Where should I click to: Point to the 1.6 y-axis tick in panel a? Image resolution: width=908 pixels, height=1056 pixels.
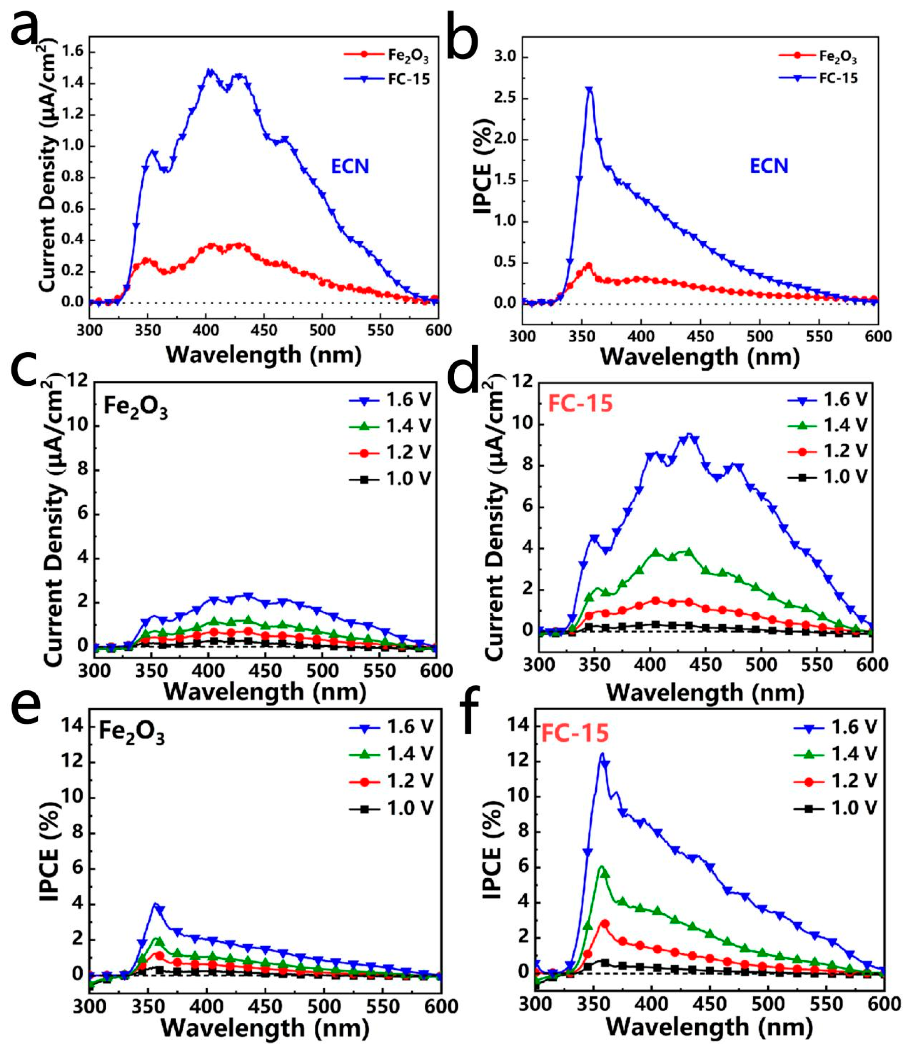[73, 53]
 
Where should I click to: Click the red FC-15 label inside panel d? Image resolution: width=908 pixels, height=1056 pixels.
[580, 404]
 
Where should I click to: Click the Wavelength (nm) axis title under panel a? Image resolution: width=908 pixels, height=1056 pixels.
[264, 354]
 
